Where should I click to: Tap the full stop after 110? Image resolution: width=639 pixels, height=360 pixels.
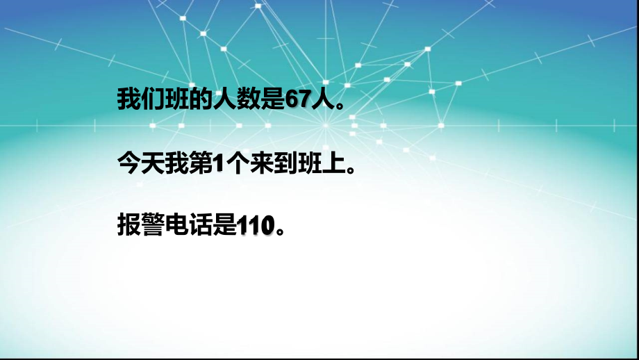(279, 229)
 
